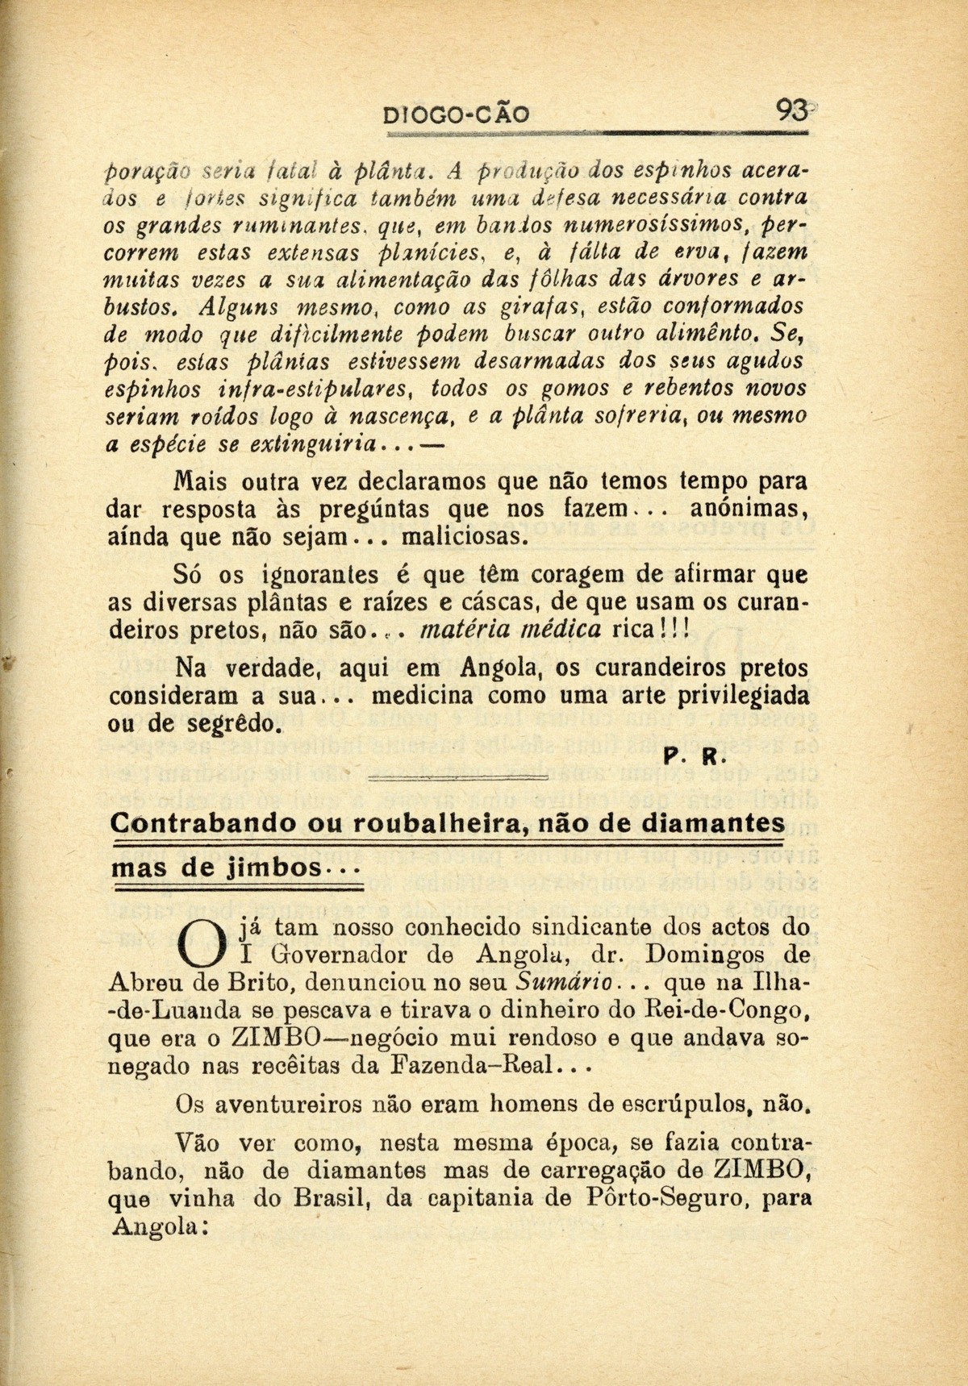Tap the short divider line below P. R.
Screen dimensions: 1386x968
tap(457, 779)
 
